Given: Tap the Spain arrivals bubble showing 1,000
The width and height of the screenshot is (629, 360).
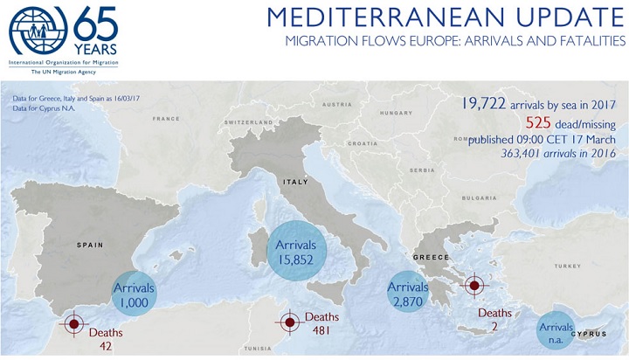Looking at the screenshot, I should (x=134, y=293).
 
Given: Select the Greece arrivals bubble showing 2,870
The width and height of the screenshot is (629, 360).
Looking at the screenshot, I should (x=408, y=294).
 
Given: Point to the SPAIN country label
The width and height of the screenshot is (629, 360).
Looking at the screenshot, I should (x=90, y=246).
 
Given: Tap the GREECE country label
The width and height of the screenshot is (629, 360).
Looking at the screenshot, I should (x=432, y=258).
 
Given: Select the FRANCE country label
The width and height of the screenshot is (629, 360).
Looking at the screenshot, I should (x=166, y=119).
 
